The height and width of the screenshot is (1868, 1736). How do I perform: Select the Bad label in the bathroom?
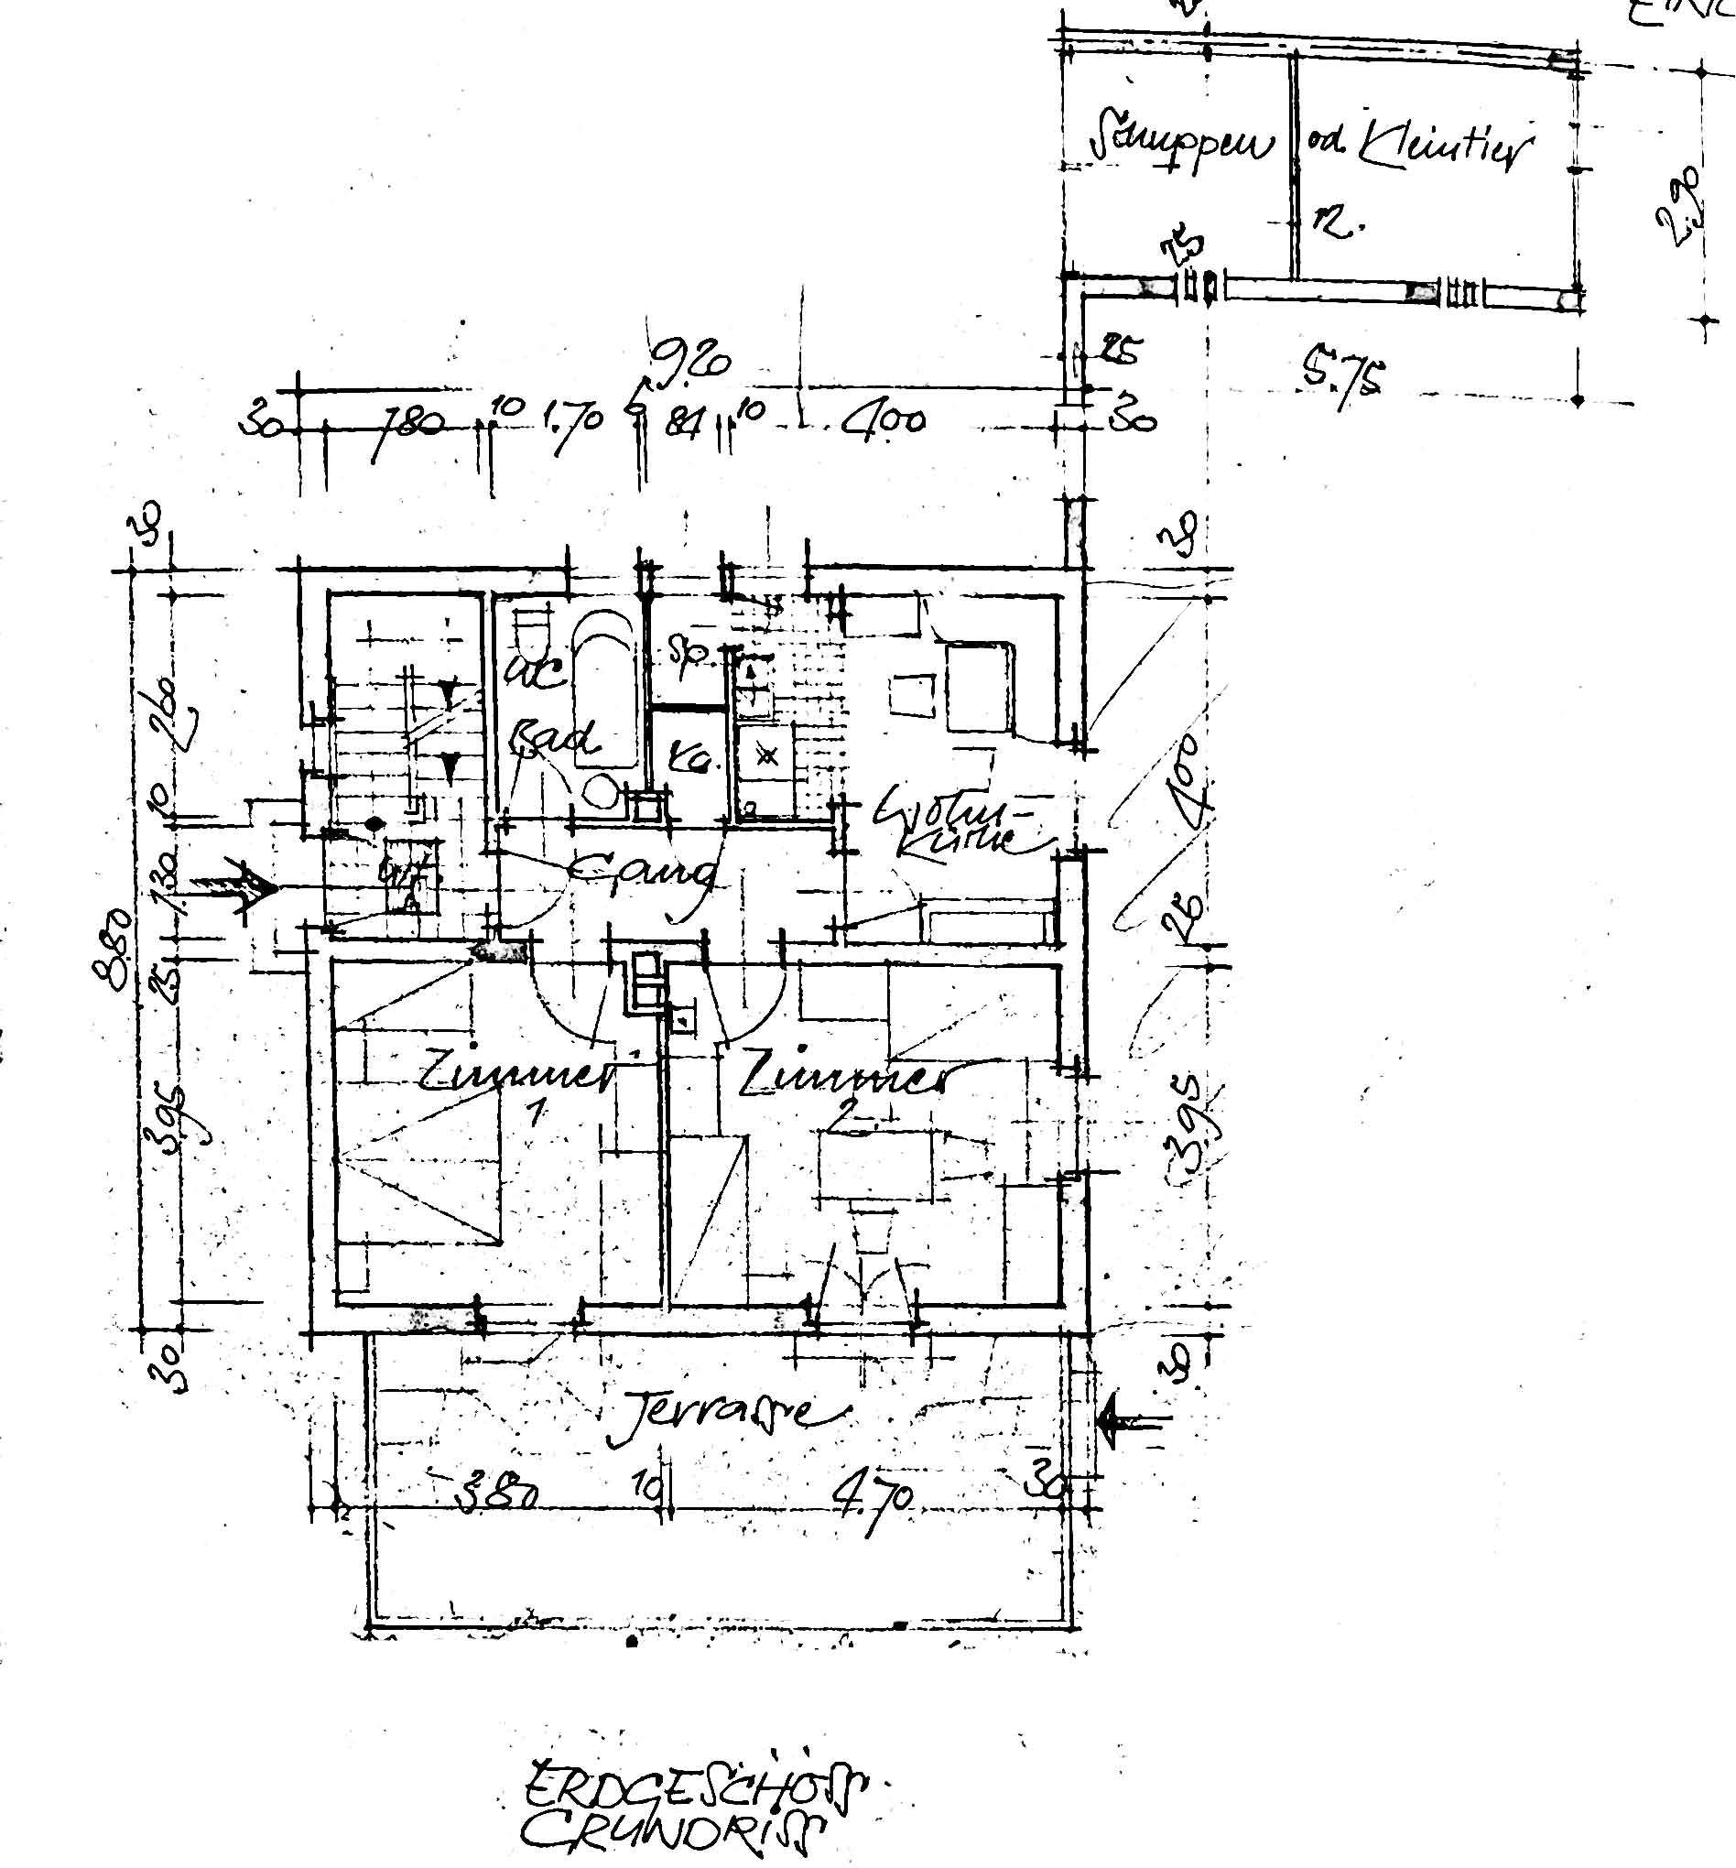(x=554, y=740)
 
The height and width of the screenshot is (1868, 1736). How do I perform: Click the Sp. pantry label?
(x=690, y=655)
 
